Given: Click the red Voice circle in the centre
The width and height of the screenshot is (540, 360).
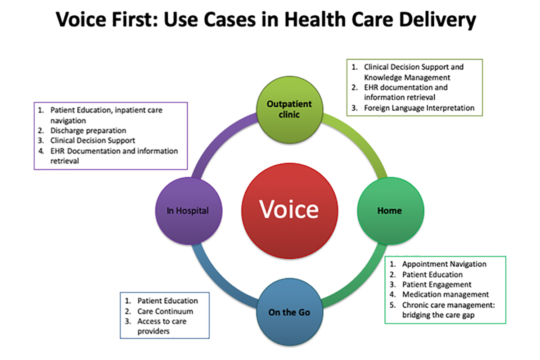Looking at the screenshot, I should [x=289, y=210].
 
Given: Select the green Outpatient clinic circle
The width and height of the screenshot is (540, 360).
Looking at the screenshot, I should [x=289, y=109].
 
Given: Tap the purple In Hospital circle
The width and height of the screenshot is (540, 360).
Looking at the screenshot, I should [x=188, y=210].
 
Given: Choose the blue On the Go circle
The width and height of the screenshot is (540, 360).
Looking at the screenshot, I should [x=289, y=312].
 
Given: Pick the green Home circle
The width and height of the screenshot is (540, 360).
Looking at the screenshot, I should [x=390, y=210].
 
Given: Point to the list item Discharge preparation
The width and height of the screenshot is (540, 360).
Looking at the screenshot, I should [x=88, y=130].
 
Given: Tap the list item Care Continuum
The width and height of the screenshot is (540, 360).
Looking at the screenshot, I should [x=165, y=311].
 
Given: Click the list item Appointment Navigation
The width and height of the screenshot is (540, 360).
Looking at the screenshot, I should [x=444, y=264].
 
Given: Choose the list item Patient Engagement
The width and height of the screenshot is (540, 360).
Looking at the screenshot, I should [x=437, y=284].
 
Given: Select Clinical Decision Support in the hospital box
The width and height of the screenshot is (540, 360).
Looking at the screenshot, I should [x=93, y=140].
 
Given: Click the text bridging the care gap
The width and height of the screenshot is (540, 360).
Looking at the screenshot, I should [x=438, y=315].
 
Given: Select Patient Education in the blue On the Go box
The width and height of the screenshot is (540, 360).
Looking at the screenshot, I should [x=167, y=301].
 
